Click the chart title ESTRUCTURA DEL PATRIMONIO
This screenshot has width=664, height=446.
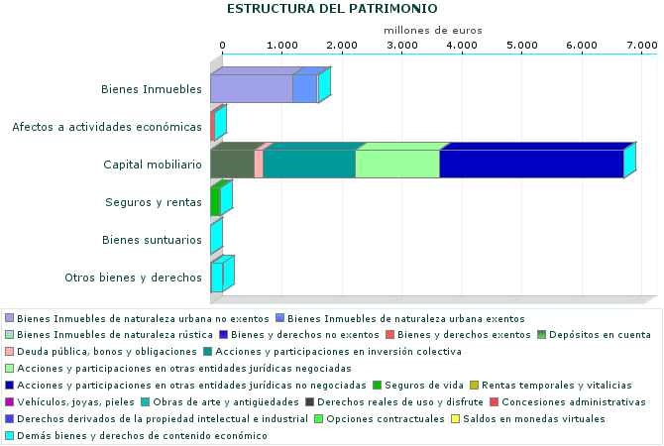point(332,9)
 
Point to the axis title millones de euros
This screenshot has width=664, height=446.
point(432,30)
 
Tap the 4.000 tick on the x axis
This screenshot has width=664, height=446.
point(461,46)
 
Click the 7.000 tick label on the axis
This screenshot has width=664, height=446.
point(641,46)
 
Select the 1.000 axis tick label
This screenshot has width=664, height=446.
point(281,46)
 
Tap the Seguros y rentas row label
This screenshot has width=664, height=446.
point(154,202)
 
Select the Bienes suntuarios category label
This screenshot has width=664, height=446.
point(154,240)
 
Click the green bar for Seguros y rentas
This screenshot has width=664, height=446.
point(215,201)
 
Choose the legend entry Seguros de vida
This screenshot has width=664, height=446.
point(424,385)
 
